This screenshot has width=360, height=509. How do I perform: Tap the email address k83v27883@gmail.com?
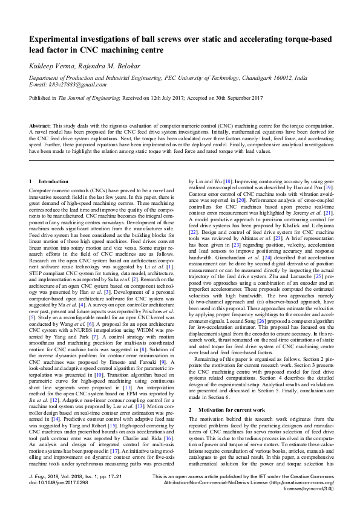coord(69,85)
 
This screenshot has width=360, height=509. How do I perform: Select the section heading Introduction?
coord(50,181)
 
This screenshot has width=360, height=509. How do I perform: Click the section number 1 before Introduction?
coord(30,181)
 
